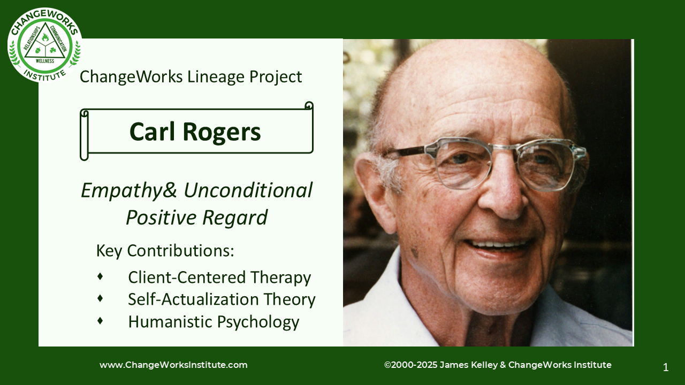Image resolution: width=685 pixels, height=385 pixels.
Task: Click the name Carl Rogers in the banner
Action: point(195,132)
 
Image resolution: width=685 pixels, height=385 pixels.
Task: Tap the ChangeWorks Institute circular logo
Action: point(45,45)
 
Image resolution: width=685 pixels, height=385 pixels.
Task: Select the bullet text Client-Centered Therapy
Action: point(219,278)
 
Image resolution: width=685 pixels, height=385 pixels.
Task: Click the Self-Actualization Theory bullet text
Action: point(222,299)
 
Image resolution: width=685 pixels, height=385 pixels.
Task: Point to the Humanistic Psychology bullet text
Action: point(214,322)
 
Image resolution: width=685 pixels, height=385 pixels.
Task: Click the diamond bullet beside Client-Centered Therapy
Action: point(100,276)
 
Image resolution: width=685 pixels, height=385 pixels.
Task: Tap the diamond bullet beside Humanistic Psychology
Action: point(100,320)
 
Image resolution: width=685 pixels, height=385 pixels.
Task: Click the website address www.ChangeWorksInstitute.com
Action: point(173,365)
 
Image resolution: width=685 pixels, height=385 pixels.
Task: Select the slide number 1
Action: point(665,367)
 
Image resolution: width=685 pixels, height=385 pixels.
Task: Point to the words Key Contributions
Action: point(165,251)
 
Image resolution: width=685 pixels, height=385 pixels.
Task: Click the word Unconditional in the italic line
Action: point(248,190)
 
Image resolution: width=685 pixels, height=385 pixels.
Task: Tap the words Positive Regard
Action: point(196,218)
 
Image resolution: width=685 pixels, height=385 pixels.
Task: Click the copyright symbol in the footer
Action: point(387,365)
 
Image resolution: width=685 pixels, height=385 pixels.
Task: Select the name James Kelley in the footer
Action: point(468,365)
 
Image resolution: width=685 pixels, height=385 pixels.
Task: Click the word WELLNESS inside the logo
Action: point(45,61)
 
